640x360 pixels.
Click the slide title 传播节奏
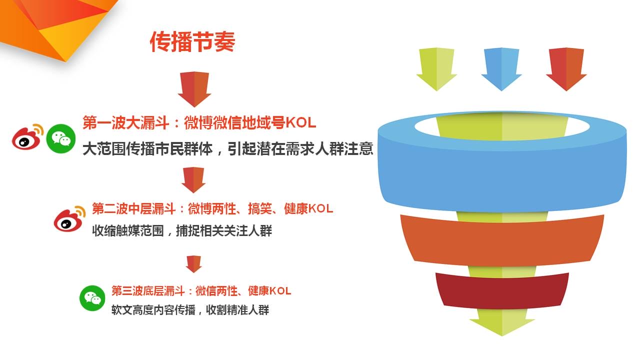[192, 41]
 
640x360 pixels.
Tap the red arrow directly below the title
[194, 89]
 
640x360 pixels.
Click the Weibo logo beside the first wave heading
[27, 137]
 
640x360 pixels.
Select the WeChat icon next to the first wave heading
[61, 138]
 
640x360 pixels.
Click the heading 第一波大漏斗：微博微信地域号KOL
[199, 123]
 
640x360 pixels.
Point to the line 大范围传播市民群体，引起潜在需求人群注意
[227, 149]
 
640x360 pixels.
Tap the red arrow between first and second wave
[193, 179]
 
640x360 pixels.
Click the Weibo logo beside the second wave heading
[69, 219]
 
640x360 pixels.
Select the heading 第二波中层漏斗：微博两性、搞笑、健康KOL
[212, 209]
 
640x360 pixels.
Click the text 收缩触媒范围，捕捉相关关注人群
[181, 231]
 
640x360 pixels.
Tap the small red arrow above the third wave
[193, 263]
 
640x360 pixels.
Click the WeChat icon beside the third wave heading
[92, 298]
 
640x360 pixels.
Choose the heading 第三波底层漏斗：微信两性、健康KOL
[201, 291]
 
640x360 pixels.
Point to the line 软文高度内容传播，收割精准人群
[190, 310]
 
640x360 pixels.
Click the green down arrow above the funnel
[436, 69]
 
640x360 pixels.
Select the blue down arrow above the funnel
[501, 69]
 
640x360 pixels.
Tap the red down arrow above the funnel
[566, 69]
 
